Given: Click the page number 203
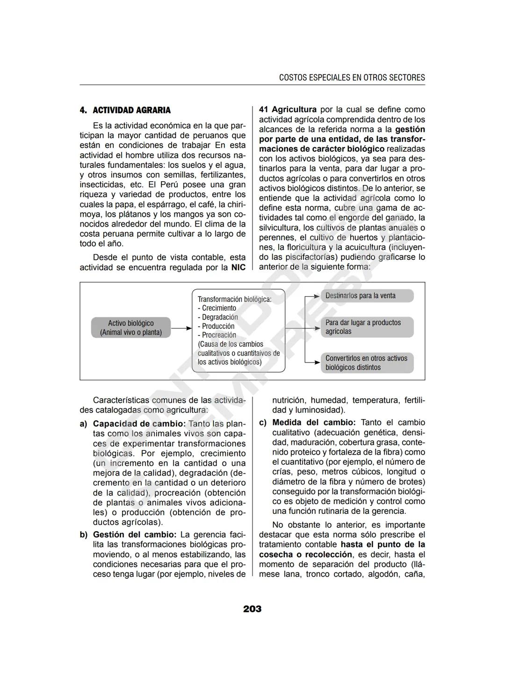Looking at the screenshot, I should point(252,609).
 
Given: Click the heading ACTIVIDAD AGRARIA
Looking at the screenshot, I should point(131,110).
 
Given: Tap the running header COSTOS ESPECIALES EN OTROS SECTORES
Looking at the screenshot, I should point(352,78).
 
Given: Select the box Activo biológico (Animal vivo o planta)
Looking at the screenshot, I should point(131,327).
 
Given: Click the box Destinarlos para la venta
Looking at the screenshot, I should point(367,296).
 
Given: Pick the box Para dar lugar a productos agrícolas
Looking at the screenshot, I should point(367,327).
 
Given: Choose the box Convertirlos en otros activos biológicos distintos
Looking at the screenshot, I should point(367,363).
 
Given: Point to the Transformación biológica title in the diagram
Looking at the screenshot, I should point(234,299).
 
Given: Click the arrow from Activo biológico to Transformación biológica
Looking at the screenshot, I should point(181,328).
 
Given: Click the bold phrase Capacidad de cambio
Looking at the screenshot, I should point(139,424).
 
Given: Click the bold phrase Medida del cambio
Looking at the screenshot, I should point(314,422).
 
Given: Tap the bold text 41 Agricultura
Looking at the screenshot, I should point(288,109).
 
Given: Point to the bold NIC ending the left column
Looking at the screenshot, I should point(238,267).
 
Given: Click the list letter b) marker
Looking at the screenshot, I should point(84,535).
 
